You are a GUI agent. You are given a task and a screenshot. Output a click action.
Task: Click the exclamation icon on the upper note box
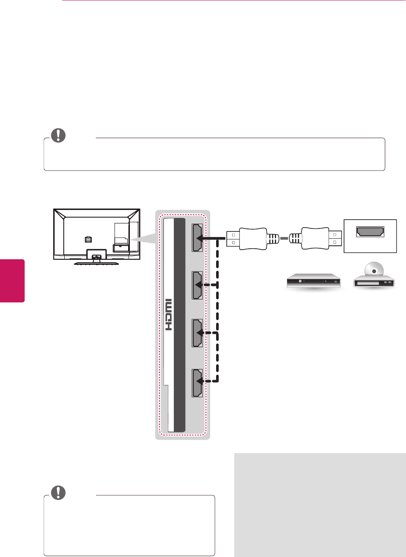tap(58, 135)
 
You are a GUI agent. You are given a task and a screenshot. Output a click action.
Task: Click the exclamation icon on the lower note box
tap(58, 492)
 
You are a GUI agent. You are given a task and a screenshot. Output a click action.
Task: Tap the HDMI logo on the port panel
tap(168, 315)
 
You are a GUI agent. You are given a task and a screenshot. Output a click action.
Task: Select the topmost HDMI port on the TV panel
tap(197, 238)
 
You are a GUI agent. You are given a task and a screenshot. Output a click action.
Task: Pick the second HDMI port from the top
tap(197, 285)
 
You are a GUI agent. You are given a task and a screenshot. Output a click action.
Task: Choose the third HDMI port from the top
tap(197, 333)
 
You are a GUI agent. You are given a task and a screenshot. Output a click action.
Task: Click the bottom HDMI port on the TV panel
tap(197, 383)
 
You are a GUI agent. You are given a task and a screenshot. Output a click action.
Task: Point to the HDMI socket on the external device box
tap(370, 232)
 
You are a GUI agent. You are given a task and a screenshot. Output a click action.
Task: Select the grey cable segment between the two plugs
tap(284, 239)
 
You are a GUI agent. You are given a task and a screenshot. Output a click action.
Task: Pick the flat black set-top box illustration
tap(313, 281)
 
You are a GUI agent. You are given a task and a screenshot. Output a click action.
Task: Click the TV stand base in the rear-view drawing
tap(96, 263)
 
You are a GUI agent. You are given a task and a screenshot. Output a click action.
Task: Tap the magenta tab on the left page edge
tap(12, 280)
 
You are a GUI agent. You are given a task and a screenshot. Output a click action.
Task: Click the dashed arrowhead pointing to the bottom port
tap(199, 381)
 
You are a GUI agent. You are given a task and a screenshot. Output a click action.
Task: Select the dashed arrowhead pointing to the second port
tap(199, 285)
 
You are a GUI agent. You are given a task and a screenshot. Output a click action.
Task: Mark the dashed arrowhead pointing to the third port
tap(199, 333)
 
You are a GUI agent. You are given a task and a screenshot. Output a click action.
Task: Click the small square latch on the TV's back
tap(88, 239)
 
